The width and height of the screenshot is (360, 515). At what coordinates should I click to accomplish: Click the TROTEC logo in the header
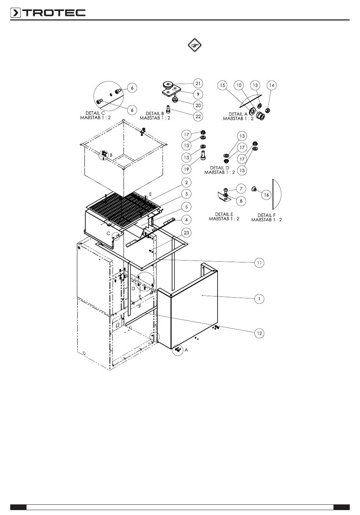click(48, 13)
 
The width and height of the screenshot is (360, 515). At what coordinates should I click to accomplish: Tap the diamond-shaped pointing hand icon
click(194, 45)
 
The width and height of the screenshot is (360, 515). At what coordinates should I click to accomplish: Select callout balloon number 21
click(198, 83)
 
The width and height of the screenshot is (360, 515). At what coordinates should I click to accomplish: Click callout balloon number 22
click(198, 116)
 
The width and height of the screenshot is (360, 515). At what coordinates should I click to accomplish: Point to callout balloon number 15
click(222, 85)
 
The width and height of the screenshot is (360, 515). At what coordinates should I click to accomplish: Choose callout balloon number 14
click(272, 85)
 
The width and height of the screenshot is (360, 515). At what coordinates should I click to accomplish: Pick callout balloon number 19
click(186, 169)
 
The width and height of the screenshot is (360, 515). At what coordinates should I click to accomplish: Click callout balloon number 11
click(259, 262)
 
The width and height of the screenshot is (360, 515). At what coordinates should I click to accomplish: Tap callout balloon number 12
click(259, 333)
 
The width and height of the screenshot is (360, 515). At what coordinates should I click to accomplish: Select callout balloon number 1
click(259, 299)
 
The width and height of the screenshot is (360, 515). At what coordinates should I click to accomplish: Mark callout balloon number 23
click(186, 233)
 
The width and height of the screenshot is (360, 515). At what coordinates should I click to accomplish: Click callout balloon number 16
click(266, 195)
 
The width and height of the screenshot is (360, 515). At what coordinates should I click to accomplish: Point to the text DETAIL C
click(95, 113)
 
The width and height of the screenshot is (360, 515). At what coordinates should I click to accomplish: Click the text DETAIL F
click(266, 215)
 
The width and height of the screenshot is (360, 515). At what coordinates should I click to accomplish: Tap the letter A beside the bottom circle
click(186, 350)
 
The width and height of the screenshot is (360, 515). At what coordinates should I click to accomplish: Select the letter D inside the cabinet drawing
click(133, 289)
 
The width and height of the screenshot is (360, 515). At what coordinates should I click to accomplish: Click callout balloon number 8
click(241, 201)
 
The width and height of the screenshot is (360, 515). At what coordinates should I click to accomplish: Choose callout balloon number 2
click(186, 182)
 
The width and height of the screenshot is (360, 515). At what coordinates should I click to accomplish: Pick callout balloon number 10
click(239, 85)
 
